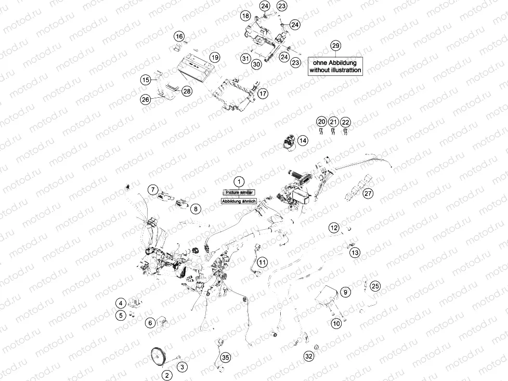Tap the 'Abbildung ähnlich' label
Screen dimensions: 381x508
coord(238,201)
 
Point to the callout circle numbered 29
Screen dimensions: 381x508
coord(335,46)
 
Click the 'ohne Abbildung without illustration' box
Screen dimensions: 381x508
coord(335,66)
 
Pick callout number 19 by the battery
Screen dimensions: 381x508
coord(214,57)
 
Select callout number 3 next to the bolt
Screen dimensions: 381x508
coord(181,367)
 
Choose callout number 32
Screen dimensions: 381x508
coord(309,356)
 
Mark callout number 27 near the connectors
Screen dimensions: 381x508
coord(368,194)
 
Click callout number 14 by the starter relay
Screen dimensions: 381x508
coord(303,140)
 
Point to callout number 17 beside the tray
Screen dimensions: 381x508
coord(263,94)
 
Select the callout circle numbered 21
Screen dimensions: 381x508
coord(333,122)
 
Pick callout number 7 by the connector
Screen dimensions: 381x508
coord(152,190)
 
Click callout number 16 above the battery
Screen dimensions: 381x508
coord(179,36)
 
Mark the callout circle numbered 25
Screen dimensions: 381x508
coord(375,286)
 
